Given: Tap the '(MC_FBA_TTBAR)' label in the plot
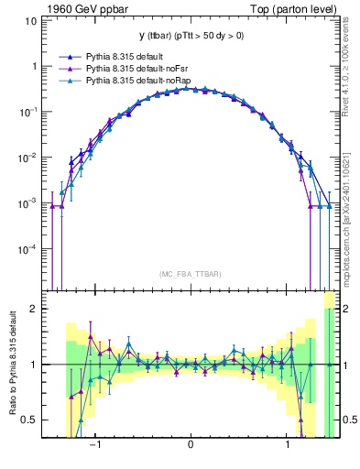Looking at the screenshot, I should (x=190, y=273).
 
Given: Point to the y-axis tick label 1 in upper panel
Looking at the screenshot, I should (x=34, y=67).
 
